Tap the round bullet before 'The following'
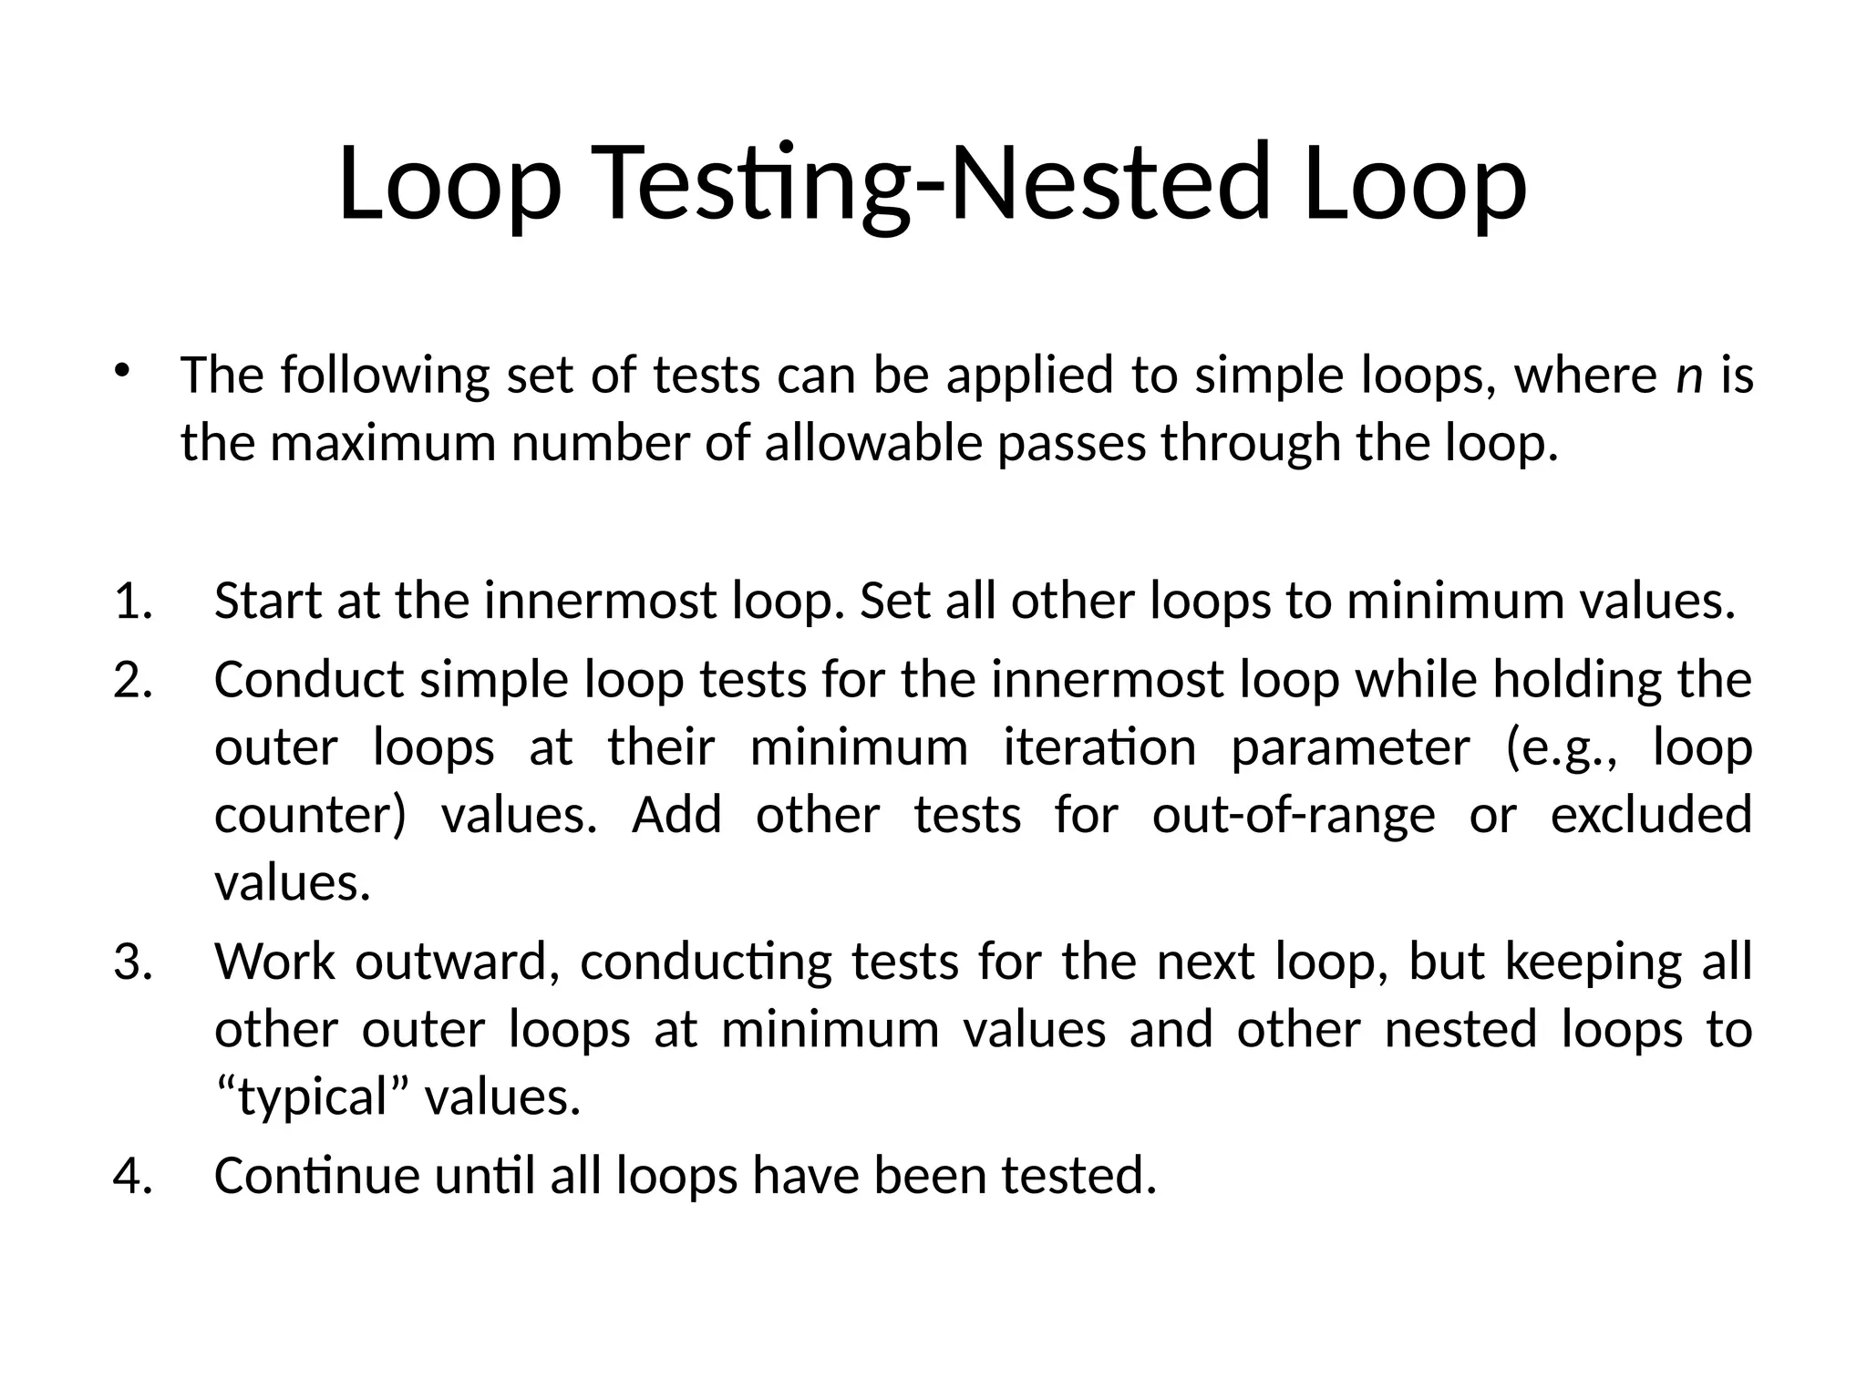click(123, 371)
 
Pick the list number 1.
click(133, 602)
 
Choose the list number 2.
click(133, 680)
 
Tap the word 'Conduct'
click(308, 680)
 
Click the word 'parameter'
click(1350, 748)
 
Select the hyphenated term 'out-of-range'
click(1294, 816)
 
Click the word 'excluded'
click(1651, 815)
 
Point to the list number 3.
click(133, 962)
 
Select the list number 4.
click(133, 1176)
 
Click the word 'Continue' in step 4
click(316, 1176)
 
